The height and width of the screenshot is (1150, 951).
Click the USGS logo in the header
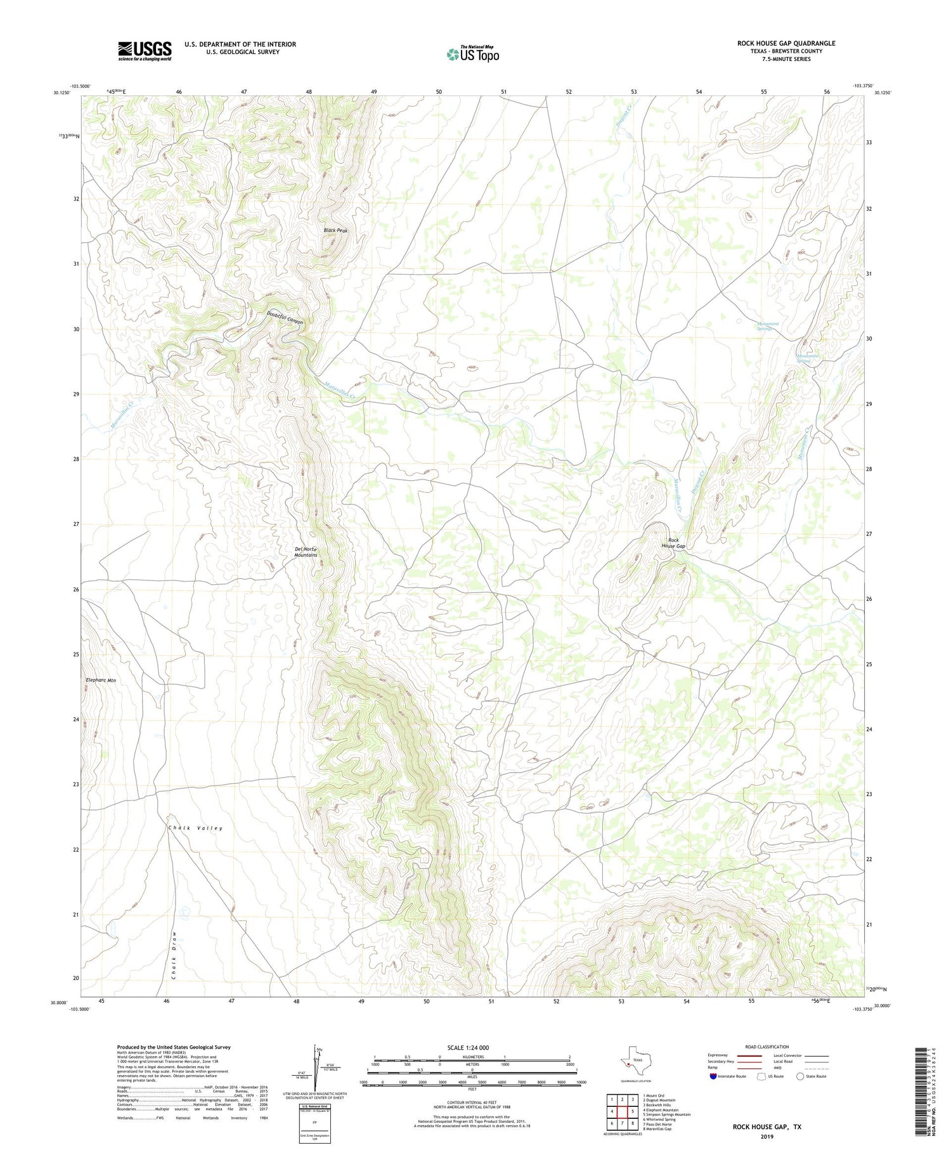[145, 51]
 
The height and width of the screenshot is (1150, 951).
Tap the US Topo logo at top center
[472, 54]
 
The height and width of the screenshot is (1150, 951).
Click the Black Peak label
[335, 230]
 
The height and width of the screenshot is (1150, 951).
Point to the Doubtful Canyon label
[285, 318]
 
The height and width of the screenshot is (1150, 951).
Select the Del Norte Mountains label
[306, 552]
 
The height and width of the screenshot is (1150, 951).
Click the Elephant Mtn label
[101, 680]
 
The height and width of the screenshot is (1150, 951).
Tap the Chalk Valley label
[195, 828]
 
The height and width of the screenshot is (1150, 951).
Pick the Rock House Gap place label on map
[673, 543]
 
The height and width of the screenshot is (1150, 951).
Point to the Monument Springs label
[768, 326]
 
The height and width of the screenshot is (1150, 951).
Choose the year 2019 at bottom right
[767, 1128]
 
